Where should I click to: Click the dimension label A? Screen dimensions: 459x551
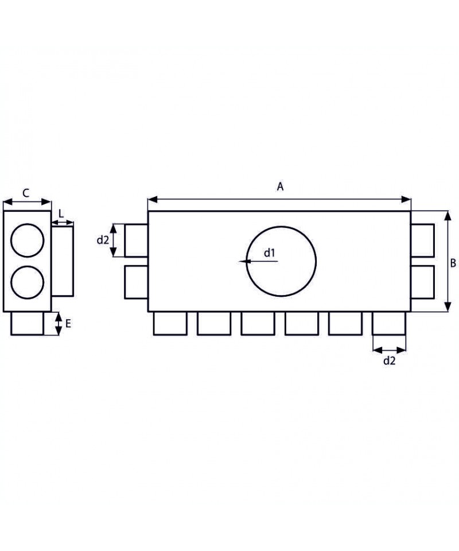tap(280, 187)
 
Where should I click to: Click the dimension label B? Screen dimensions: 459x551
tap(453, 263)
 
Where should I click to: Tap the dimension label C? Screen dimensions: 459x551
tap(26, 193)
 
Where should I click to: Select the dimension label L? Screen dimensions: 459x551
tap(61, 214)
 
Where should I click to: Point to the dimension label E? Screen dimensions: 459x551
tap(68, 323)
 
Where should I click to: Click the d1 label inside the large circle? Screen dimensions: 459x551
tap(269, 253)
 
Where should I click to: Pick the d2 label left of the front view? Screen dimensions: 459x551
tap(103, 240)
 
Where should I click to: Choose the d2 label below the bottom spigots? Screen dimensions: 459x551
tap(389, 360)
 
